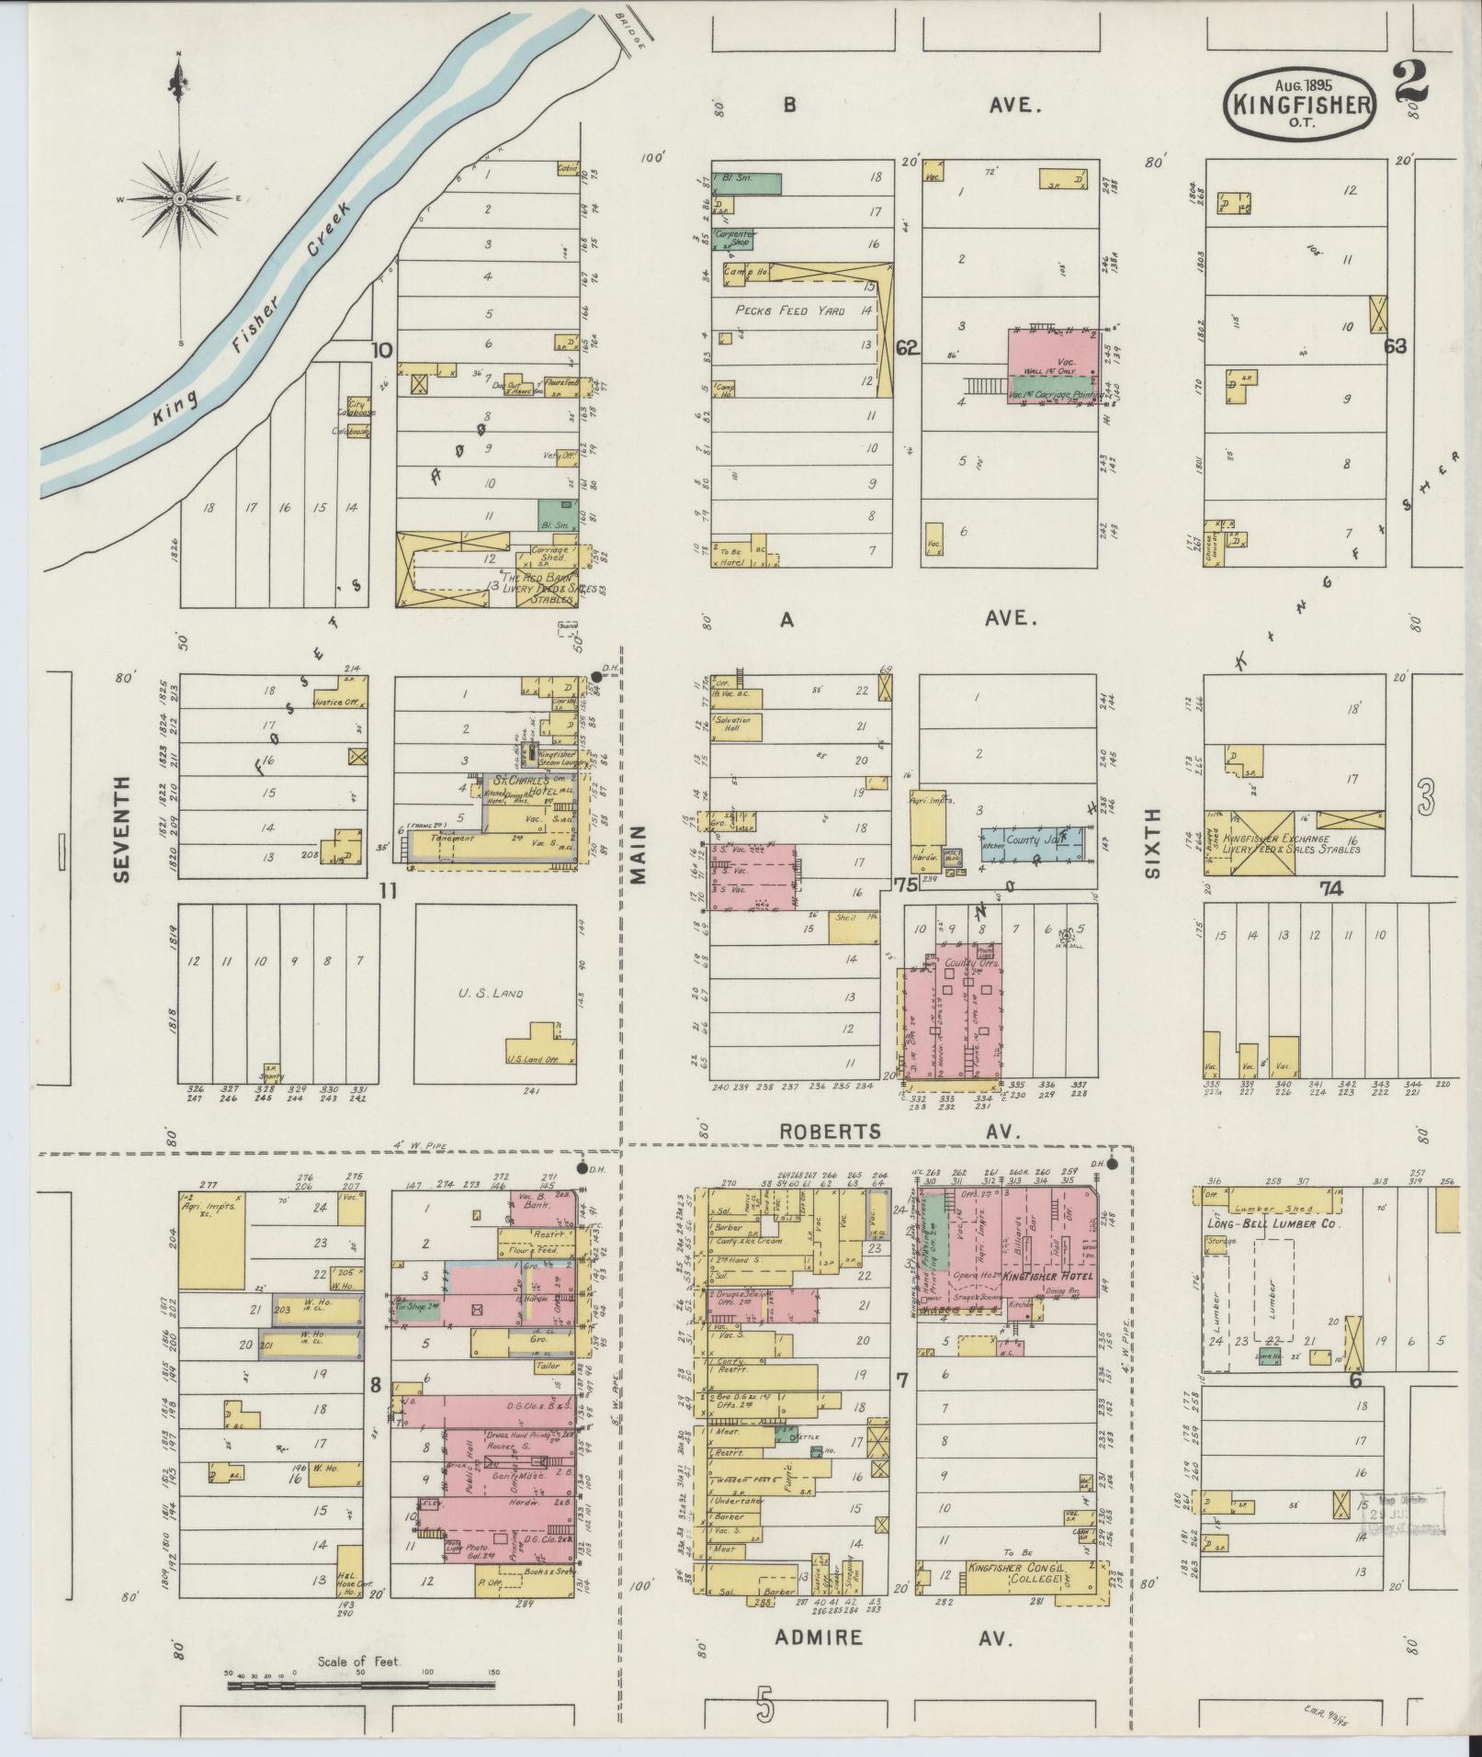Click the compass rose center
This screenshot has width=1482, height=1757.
(180, 198)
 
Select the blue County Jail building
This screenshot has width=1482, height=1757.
(1031, 839)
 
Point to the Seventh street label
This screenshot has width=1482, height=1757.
(123, 829)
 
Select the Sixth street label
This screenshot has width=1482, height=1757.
(1152, 842)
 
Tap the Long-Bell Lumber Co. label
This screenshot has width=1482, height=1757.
(1273, 1224)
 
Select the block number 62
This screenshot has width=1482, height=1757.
(908, 348)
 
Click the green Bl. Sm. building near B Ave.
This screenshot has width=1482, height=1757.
(748, 183)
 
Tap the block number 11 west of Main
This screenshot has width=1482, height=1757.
(387, 890)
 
